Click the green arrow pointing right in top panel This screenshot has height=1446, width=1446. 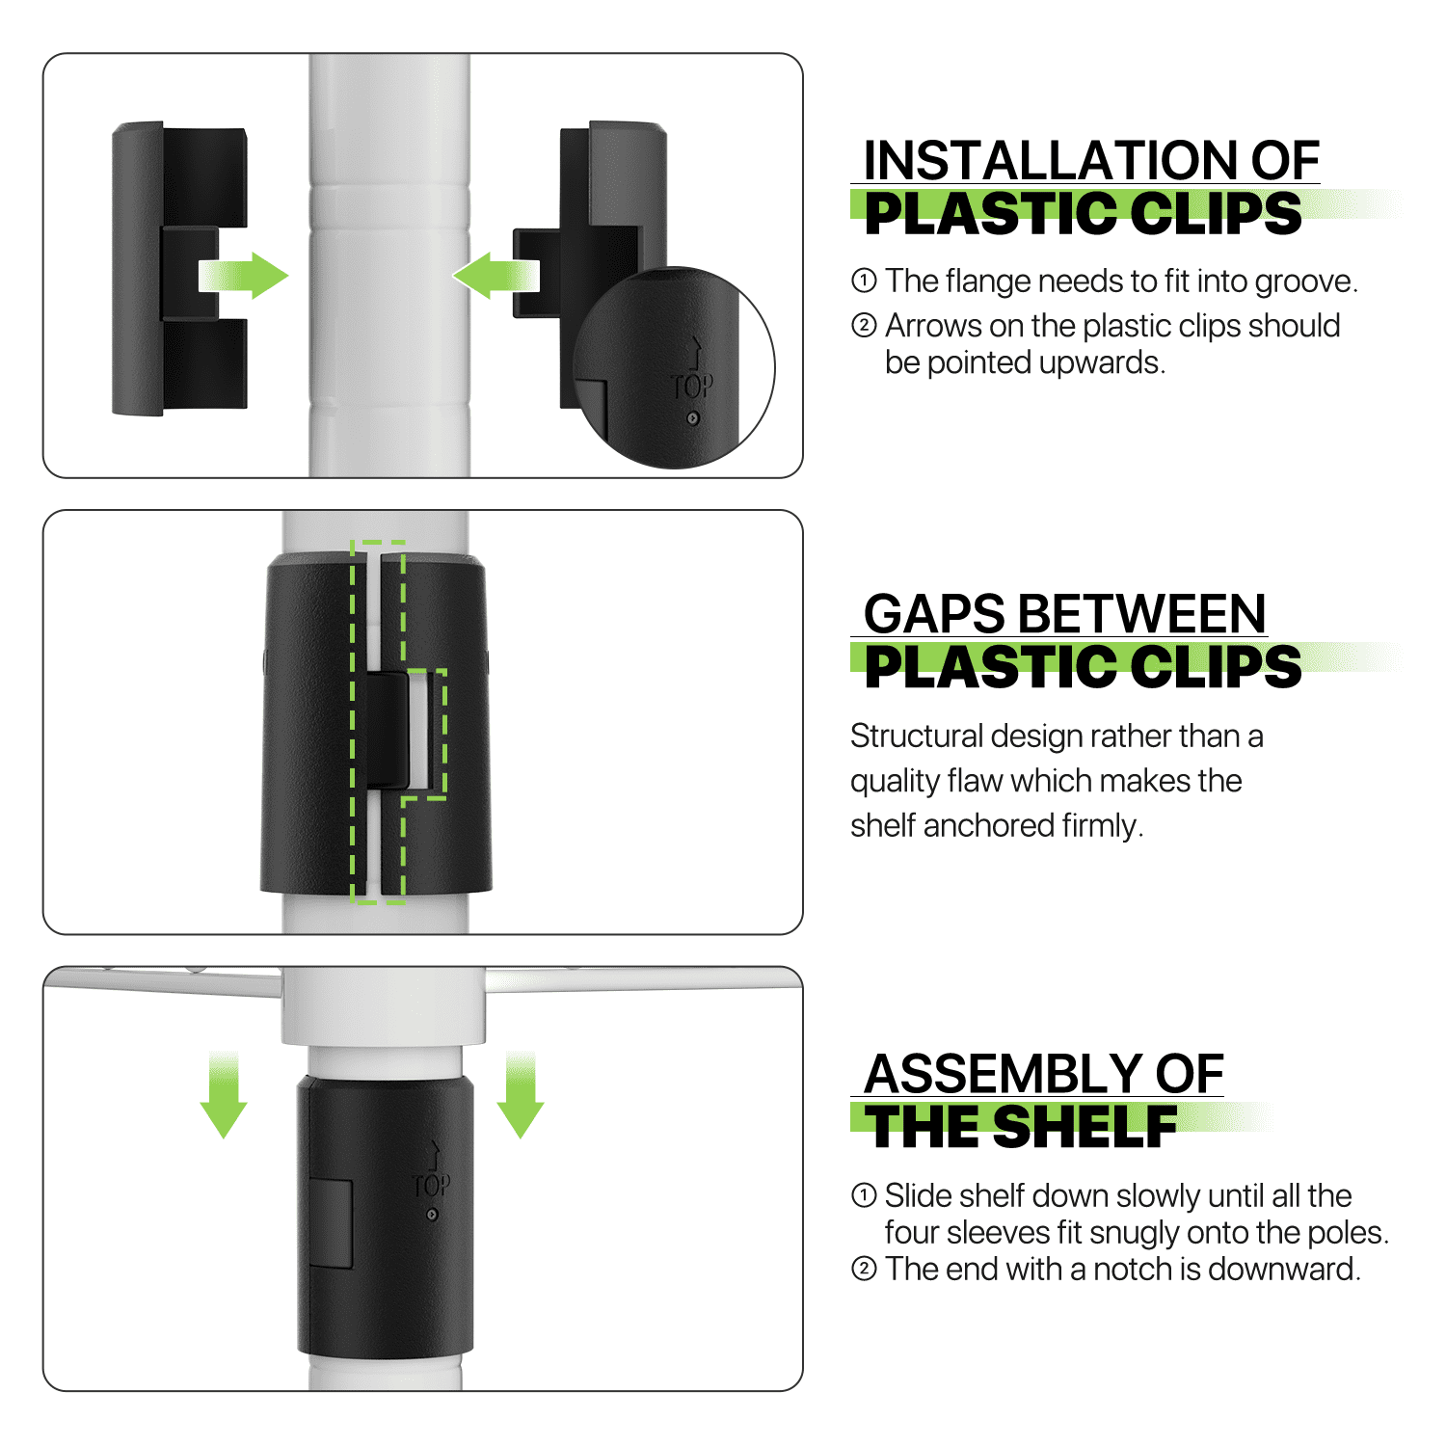point(243,277)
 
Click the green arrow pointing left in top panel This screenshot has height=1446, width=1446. point(495,277)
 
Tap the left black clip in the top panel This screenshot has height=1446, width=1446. point(180,269)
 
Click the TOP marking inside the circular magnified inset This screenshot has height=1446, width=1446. point(692,387)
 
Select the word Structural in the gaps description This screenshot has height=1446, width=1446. point(916,736)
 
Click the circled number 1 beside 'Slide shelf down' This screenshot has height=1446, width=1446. point(864,1195)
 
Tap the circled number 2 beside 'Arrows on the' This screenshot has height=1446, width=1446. point(864,326)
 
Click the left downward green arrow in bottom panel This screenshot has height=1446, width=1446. point(224,1095)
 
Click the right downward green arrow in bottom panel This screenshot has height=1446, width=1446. point(521,1095)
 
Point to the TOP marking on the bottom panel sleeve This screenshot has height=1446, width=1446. point(431,1185)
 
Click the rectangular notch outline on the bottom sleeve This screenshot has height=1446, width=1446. point(330,1223)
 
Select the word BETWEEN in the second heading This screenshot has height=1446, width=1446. point(1142,614)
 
